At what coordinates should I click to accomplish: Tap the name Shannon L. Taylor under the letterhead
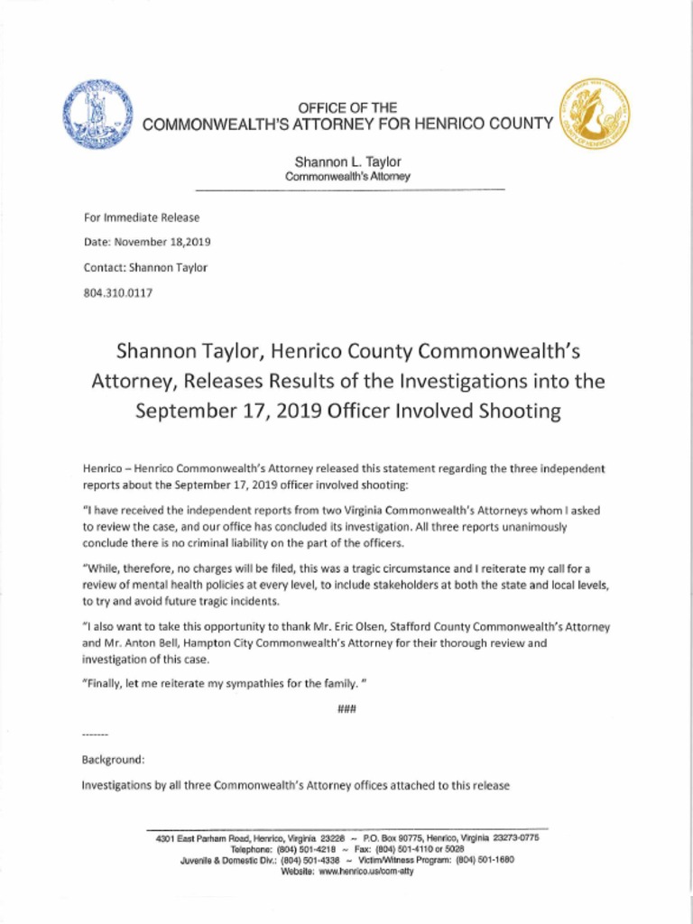347,162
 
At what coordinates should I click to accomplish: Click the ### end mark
346,709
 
